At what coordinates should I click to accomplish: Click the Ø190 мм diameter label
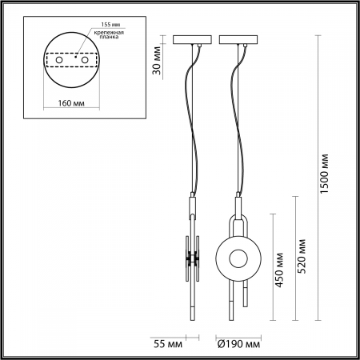(x=238, y=345)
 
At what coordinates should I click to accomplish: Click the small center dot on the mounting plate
(x=76, y=58)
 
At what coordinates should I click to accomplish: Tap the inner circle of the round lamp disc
(x=238, y=258)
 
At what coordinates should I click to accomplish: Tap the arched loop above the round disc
(x=238, y=219)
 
